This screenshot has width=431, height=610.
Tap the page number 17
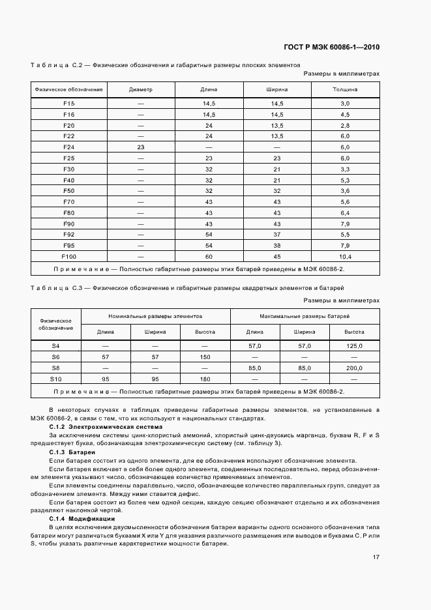tap(376, 557)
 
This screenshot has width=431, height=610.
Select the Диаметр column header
tap(140, 89)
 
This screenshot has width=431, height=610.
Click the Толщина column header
tap(345, 89)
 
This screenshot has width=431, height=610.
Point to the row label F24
tap(68, 147)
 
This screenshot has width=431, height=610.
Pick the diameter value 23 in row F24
tap(140, 147)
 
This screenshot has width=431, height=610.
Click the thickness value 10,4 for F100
tap(345, 256)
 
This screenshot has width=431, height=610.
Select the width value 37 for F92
tap(276, 234)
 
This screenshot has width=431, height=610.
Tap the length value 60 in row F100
tap(209, 256)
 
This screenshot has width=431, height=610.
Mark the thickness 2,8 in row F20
tap(345, 125)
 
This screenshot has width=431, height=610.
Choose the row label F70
tap(68, 201)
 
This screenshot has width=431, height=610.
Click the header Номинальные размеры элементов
tap(155, 315)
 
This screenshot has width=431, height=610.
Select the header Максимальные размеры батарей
tap(305, 315)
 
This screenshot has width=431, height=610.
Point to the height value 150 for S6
tap(205, 356)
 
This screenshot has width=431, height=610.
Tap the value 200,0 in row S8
tap(354, 368)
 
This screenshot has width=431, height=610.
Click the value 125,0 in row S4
tap(354, 346)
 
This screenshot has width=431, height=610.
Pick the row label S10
tap(55, 379)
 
